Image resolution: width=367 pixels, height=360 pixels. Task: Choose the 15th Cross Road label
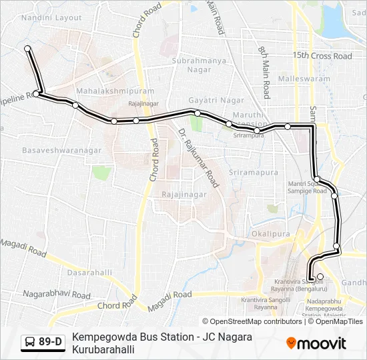[x=322, y=56]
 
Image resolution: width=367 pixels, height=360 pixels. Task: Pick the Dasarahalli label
[x=89, y=273]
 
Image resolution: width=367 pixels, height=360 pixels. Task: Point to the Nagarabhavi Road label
[x=57, y=294]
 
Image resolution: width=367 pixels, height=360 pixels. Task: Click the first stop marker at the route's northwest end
[x=28, y=49]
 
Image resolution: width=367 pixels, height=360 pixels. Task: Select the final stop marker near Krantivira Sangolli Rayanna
[x=320, y=277]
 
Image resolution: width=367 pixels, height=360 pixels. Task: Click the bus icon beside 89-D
[x=30, y=343]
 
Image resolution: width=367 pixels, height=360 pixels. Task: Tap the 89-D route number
[x=51, y=343]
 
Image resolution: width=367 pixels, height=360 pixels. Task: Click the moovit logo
[x=316, y=343]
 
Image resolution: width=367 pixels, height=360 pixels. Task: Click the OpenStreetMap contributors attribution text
[x=257, y=321]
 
